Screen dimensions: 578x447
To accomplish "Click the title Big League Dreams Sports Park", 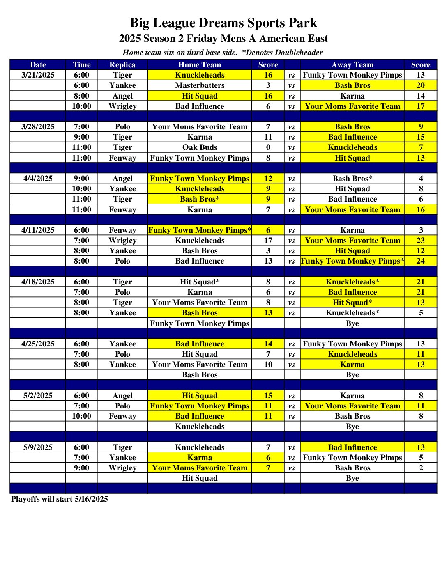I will pyautogui.click(x=223, y=23).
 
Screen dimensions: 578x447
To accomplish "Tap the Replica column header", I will pyautogui.click(x=122, y=64).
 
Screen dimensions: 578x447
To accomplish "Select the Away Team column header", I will pyautogui.click(x=352, y=64).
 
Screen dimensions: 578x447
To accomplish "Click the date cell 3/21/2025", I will pyautogui.click(x=38, y=75).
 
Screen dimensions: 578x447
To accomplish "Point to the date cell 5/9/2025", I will pyautogui.click(x=38, y=447).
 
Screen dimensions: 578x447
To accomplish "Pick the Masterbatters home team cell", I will pyautogui.click(x=200, y=85).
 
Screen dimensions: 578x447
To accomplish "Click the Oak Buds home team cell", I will pyautogui.click(x=200, y=147).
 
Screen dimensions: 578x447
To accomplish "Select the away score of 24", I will pyautogui.click(x=420, y=261).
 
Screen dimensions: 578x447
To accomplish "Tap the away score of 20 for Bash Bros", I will pyautogui.click(x=420, y=85).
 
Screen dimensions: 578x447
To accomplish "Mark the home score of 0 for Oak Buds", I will pyautogui.click(x=268, y=147).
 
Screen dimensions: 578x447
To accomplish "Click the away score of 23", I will pyautogui.click(x=420, y=240).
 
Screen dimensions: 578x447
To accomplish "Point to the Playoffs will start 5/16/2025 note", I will pyautogui.click(x=60, y=499).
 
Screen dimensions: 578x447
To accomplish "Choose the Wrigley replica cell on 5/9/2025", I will pyautogui.click(x=122, y=468).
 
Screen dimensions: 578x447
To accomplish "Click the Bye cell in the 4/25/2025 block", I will pyautogui.click(x=352, y=374).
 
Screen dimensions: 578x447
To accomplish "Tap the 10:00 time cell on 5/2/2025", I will pyautogui.click(x=81, y=416).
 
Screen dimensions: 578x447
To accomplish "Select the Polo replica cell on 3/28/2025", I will pyautogui.click(x=122, y=126).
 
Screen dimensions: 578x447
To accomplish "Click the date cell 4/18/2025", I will pyautogui.click(x=38, y=282).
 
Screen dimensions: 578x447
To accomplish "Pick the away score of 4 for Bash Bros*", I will pyautogui.click(x=420, y=178).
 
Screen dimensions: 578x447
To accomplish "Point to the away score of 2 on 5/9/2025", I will pyautogui.click(x=420, y=468).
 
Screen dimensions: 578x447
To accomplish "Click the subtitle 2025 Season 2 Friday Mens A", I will pyautogui.click(x=223, y=39).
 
